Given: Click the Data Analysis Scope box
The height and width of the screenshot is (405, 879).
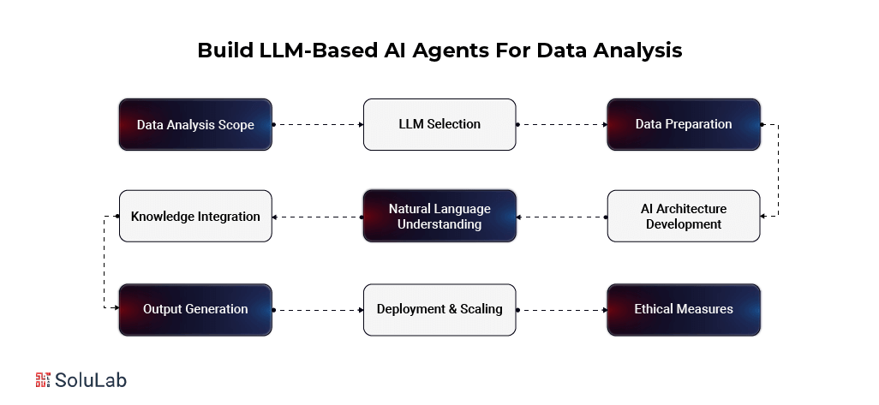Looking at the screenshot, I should point(195,124).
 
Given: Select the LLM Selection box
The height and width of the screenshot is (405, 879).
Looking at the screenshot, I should point(439,124).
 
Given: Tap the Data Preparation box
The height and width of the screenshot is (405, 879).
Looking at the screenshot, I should point(684,124).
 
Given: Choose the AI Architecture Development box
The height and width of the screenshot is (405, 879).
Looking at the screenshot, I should point(684,216).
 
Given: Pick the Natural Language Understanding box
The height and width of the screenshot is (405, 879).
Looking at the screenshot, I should point(439,216).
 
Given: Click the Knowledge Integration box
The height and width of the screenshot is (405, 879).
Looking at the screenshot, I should point(195,216).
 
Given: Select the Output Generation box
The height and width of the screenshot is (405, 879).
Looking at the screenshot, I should point(195,308).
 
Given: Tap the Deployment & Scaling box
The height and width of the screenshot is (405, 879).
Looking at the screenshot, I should point(439,308).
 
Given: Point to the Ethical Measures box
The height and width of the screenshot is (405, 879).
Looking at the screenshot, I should point(684,308).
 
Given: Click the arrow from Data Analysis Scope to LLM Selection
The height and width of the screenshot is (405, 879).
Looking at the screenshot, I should point(318,124).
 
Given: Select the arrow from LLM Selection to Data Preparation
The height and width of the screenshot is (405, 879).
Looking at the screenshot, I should point(562,124).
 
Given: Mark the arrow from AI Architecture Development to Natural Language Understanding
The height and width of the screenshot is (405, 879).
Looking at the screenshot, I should point(562,217).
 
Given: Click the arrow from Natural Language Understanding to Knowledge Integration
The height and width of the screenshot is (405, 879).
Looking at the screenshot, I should point(318,217).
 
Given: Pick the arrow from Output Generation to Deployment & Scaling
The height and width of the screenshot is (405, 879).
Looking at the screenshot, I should point(318,309).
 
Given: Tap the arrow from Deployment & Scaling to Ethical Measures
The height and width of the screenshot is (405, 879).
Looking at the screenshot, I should point(562,309).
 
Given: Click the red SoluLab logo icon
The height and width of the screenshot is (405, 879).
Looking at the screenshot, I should point(44,380).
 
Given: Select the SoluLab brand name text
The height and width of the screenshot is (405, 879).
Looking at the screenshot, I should point(92,380).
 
